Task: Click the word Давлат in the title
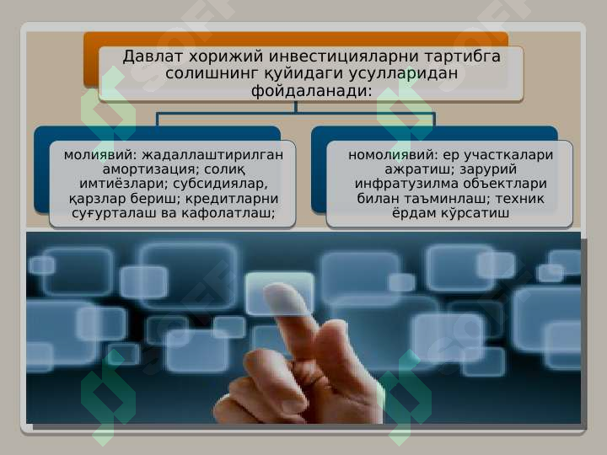(x=153, y=56)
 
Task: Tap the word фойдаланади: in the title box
(x=311, y=90)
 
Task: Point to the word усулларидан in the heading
(x=403, y=73)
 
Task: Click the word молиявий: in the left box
(x=99, y=155)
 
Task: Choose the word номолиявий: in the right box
(x=393, y=155)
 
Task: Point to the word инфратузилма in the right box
(x=406, y=184)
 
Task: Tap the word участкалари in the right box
(x=508, y=155)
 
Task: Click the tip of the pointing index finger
(x=279, y=288)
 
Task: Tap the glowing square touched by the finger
(x=280, y=293)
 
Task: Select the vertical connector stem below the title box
(x=296, y=107)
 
